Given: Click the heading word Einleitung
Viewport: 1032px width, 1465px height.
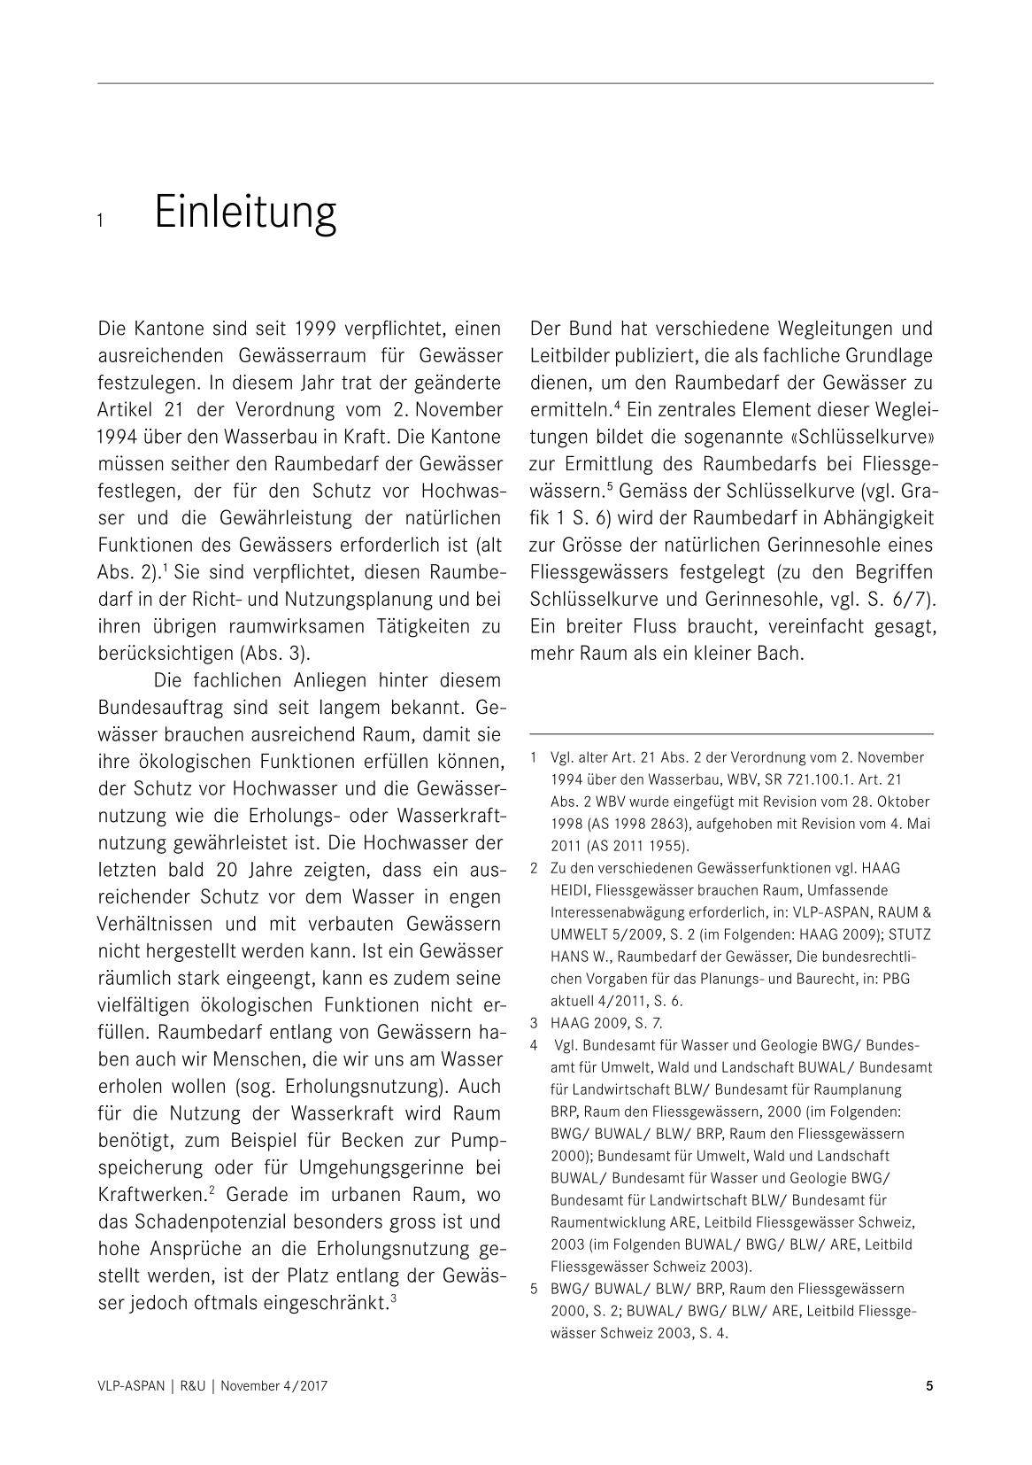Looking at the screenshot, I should (245, 213).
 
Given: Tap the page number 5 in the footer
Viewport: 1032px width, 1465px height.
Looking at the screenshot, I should (929, 1386).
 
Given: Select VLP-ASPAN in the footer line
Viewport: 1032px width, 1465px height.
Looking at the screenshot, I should (131, 1387).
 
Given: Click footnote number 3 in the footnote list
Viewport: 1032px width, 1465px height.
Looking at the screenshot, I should (535, 1023).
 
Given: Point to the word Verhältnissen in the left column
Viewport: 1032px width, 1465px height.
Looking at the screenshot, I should (155, 924).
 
